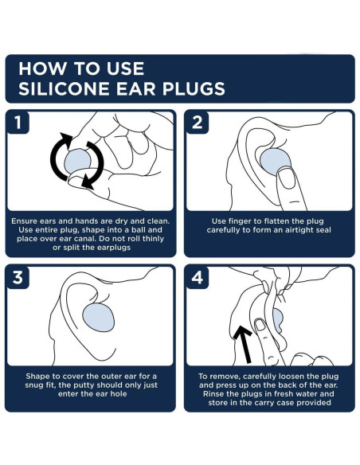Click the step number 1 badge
pyautogui.click(x=18, y=122)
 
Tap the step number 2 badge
pyautogui.click(x=198, y=122)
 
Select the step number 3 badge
pyautogui.click(x=18, y=277)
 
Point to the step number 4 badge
pyautogui.click(x=198, y=277)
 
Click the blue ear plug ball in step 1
pyautogui.click(x=77, y=161)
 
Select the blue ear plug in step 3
pyautogui.click(x=98, y=318)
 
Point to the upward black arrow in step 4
pyautogui.click(x=244, y=344)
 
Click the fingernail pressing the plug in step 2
pyautogui.click(x=287, y=178)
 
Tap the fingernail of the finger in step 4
pyautogui.click(x=260, y=325)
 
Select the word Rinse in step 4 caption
pyautogui.click(x=213, y=394)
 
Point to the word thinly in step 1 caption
pyautogui.click(x=153, y=239)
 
